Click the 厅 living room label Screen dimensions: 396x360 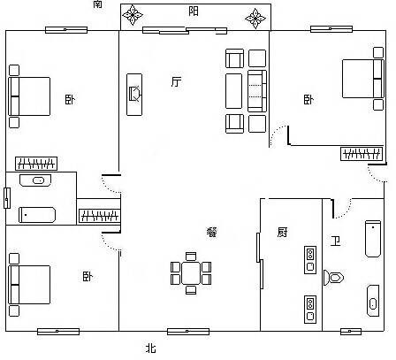(x=176, y=81)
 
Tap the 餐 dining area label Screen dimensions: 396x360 (x=212, y=232)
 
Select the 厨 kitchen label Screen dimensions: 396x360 (x=282, y=232)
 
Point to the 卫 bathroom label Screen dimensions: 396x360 (x=335, y=241)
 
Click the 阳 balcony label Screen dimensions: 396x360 (x=194, y=11)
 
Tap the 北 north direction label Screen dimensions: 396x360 (x=151, y=349)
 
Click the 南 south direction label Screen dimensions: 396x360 (x=98, y=4)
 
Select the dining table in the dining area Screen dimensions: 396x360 (x=191, y=273)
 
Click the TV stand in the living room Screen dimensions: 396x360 (x=134, y=95)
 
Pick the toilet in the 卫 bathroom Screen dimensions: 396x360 (x=333, y=278)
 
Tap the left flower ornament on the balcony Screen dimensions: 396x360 (x=133, y=14)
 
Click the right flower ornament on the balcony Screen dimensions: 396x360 (x=255, y=19)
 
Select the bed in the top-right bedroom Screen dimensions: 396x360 (x=363, y=79)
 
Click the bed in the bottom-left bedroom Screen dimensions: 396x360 (x=29, y=285)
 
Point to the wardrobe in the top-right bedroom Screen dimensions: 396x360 (x=362, y=154)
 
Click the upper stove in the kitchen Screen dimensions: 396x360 (x=310, y=260)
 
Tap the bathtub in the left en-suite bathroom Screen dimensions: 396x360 (x=37, y=215)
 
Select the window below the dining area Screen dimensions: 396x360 (x=188, y=332)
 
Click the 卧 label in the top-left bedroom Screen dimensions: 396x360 (x=70, y=99)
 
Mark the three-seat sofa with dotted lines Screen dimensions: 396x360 (x=257, y=91)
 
